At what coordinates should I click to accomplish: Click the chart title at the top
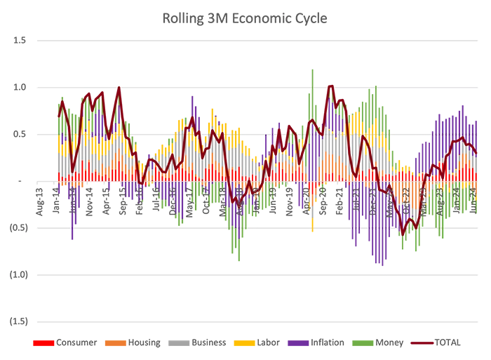click(246, 19)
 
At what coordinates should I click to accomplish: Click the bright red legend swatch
click(41, 342)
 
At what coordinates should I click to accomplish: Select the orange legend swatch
click(114, 342)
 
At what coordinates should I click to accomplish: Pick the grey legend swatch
click(180, 342)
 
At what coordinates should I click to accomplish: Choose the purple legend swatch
click(298, 342)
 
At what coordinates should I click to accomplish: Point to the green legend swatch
click(362, 342)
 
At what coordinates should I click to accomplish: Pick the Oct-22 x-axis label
click(407, 184)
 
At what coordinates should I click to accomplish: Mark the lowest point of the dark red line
click(403, 234)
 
